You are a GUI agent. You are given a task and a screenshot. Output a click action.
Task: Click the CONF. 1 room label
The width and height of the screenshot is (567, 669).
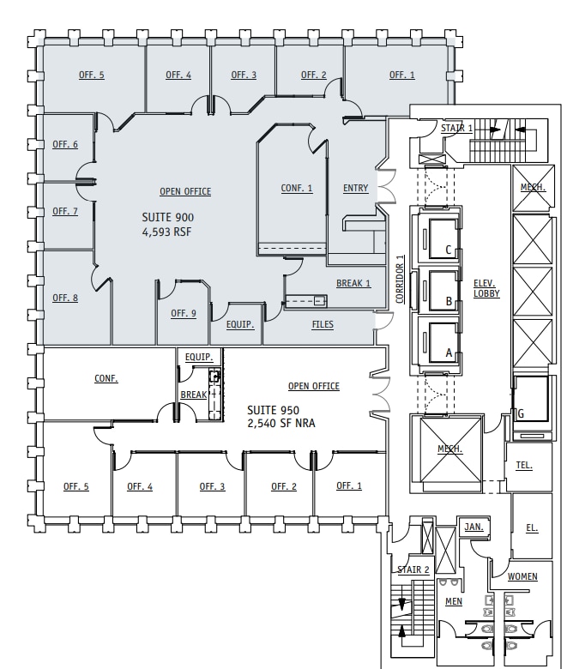297,189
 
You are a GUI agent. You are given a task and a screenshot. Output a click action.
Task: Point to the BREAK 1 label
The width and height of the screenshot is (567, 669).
353,283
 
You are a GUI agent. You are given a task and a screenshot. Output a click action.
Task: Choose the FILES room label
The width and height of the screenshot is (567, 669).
323,324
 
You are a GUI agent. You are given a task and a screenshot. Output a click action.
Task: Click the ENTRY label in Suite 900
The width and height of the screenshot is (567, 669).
356,189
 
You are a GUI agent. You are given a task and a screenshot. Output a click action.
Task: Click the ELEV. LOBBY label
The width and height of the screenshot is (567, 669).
486,288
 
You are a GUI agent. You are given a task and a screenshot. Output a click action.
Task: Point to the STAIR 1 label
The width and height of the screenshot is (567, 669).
456,128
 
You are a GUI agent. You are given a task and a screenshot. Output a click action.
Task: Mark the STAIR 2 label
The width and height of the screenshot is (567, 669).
413,570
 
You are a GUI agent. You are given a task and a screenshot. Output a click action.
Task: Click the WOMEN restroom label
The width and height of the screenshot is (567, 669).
522,576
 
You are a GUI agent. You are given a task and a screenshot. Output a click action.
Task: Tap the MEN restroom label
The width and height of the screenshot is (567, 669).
454,601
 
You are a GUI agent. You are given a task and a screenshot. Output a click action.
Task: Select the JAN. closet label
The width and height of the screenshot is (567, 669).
472,526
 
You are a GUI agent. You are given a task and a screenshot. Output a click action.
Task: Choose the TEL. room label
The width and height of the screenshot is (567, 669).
525,466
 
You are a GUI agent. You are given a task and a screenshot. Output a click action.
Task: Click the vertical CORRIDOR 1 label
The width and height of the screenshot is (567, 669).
401,280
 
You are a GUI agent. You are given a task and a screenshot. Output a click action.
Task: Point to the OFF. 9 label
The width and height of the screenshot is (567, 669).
184,313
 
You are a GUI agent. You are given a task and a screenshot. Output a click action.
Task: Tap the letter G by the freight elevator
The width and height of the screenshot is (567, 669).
520,413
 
